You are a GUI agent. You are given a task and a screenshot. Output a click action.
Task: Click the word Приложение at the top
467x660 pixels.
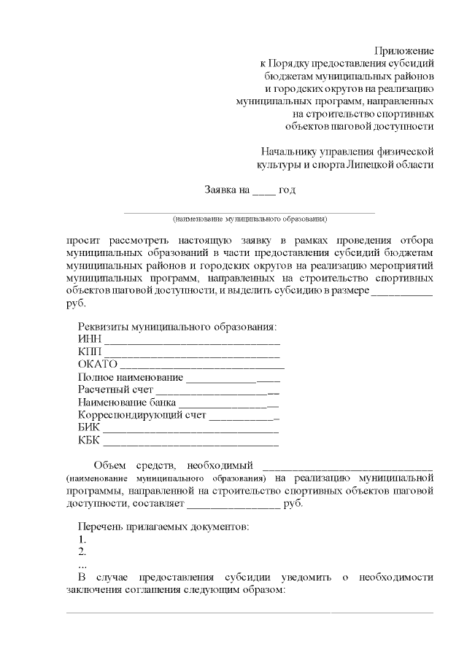[x=404, y=50]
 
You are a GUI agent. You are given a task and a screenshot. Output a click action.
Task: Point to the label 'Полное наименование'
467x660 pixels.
[x=130, y=378]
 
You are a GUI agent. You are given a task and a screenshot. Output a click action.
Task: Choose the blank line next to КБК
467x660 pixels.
[x=192, y=442]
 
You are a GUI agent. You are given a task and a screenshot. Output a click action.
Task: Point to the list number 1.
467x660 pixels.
[x=82, y=540]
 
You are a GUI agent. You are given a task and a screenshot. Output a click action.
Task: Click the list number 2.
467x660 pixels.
[x=82, y=551]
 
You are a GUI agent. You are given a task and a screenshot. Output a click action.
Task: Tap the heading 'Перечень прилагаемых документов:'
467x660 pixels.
[x=164, y=527]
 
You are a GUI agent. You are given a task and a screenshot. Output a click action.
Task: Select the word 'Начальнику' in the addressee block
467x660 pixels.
[x=291, y=152]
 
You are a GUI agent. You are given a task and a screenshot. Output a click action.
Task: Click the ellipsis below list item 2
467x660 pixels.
[x=82, y=564]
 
